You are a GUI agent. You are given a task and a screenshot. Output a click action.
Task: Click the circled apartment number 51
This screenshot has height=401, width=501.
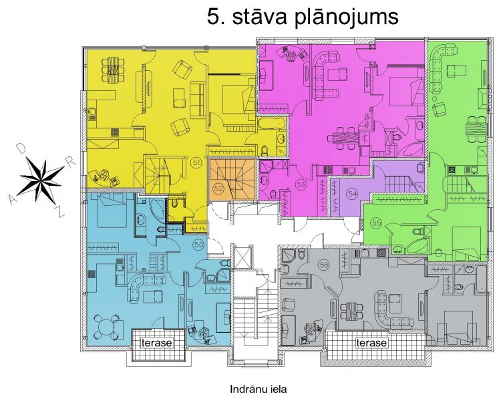tap(196, 163)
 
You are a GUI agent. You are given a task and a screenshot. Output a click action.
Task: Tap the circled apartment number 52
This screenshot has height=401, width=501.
tap(218, 188)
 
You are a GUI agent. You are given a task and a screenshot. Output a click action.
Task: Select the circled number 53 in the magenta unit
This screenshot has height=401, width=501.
tap(301, 184)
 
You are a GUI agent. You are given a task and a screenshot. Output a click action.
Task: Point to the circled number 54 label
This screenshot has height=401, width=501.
tap(353, 194)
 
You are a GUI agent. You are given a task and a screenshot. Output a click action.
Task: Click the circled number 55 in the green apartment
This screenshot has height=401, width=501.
tap(377, 223)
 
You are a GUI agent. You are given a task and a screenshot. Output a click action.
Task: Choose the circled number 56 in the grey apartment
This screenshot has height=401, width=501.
tap(324, 265)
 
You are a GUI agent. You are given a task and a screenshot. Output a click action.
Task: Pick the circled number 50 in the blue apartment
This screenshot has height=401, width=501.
tap(198, 245)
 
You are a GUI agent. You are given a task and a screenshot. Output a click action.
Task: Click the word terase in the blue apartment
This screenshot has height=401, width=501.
tap(156, 343)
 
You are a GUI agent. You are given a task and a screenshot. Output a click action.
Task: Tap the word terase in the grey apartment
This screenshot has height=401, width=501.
tap(371, 343)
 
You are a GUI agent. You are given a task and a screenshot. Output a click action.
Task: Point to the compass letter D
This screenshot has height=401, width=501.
tap(21, 148)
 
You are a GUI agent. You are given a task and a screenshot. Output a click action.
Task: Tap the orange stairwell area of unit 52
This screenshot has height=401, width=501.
tap(232, 179)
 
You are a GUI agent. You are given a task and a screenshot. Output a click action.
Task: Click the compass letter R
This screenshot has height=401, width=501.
tap(71, 162)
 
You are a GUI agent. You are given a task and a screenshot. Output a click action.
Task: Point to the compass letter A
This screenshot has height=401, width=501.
tap(13, 200)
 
